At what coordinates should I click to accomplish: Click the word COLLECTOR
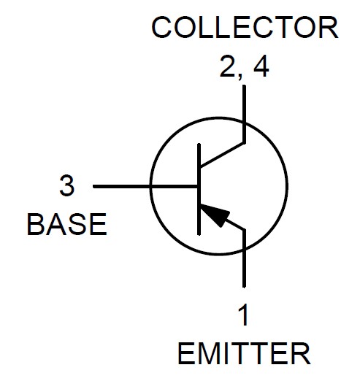click(245, 27)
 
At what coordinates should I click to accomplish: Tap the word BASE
click(67, 224)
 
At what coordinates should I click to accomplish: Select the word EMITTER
click(244, 353)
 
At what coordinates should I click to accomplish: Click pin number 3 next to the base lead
click(66, 186)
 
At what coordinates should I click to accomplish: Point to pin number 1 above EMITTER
click(243, 315)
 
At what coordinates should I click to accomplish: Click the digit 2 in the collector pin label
click(226, 66)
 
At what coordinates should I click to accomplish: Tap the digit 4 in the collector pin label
click(261, 66)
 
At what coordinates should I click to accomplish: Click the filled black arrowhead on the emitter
click(215, 215)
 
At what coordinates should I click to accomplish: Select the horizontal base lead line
click(145, 187)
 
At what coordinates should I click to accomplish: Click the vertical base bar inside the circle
click(199, 189)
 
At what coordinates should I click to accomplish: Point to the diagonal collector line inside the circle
click(222, 155)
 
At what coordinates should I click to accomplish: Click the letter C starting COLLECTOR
click(161, 27)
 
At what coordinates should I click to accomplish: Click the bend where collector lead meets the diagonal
click(244, 143)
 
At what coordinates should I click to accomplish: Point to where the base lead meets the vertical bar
click(199, 187)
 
